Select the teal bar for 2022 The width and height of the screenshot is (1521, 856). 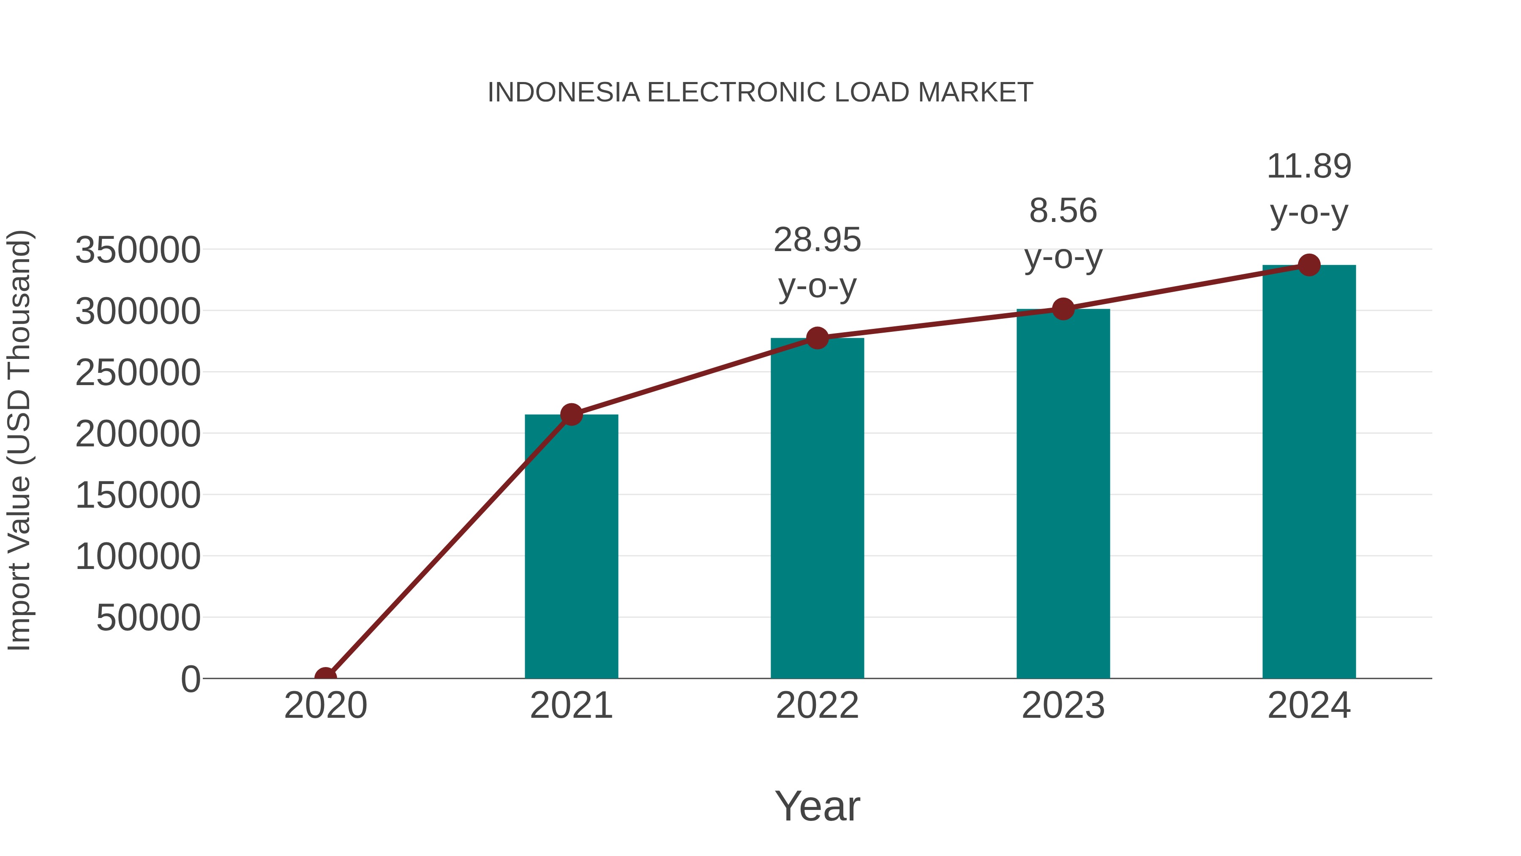point(817,508)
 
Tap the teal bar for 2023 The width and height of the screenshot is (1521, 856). point(1063,493)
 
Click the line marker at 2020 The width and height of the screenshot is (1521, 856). point(325,677)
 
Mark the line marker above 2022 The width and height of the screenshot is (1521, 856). point(817,338)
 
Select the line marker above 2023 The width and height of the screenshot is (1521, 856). point(1063,309)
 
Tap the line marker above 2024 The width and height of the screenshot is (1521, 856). point(1309,265)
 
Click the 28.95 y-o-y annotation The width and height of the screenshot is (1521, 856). point(817,263)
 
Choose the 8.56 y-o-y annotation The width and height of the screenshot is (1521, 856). point(1063,234)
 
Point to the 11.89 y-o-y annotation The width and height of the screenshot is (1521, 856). point(1309,189)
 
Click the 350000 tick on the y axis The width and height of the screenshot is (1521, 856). point(138,250)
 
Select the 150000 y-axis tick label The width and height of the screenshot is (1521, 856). point(138,495)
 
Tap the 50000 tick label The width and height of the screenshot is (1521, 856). point(148,618)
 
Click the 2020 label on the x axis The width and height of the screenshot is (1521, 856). point(325,706)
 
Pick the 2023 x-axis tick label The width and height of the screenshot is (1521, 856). point(1063,706)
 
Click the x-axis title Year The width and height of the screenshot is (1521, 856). point(817,806)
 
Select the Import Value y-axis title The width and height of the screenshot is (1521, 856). point(19,440)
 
